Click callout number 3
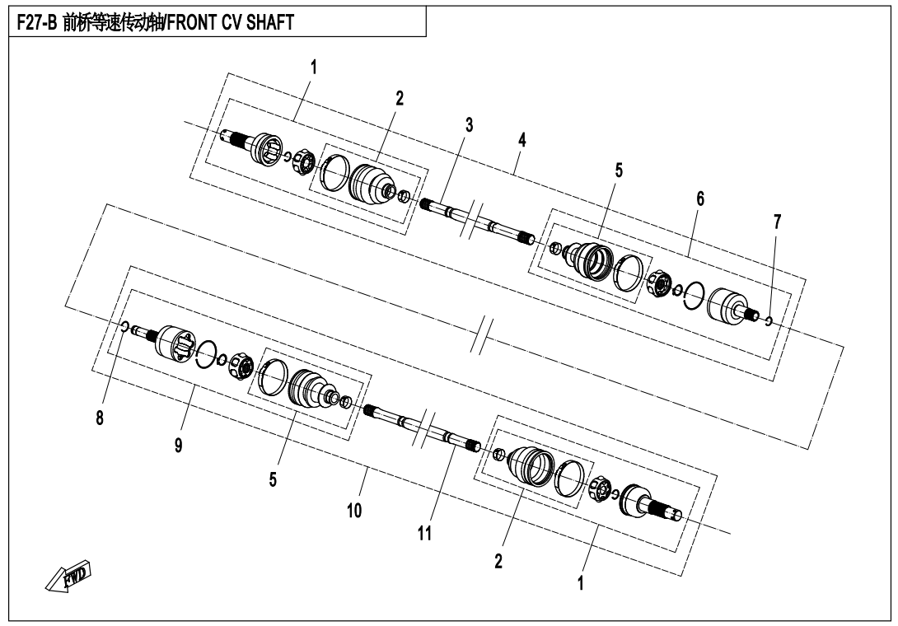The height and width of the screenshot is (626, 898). click(469, 125)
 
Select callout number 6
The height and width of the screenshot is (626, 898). click(699, 199)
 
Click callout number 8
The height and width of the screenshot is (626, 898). click(100, 418)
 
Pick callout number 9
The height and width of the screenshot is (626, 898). click(178, 445)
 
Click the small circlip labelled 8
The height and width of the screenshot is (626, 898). click(123, 328)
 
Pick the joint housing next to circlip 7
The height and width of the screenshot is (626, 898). click(728, 305)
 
